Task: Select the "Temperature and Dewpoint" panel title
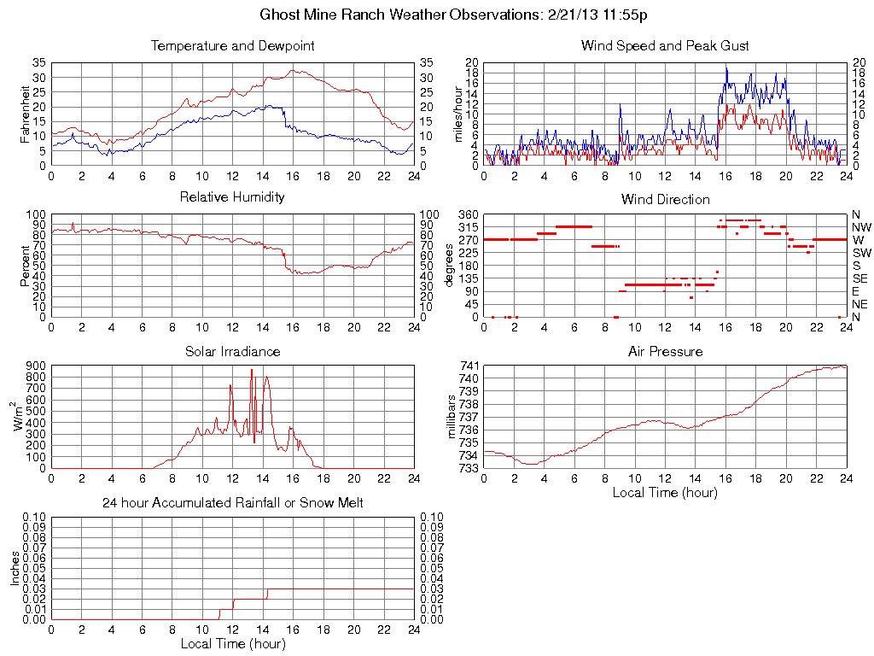coord(232,45)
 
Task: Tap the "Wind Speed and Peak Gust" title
coord(665,45)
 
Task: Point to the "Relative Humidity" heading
coord(232,197)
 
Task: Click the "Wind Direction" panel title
coord(665,199)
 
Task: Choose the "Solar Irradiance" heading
coord(232,351)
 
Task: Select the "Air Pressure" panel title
coord(665,351)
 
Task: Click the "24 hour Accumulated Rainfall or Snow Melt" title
coord(232,503)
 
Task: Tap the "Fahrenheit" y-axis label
coord(26,114)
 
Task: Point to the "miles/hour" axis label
coord(458,114)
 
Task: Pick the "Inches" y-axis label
coord(15,568)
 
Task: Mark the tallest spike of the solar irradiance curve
coord(252,370)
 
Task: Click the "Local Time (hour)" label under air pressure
coord(665,492)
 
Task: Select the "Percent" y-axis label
coord(26,266)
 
